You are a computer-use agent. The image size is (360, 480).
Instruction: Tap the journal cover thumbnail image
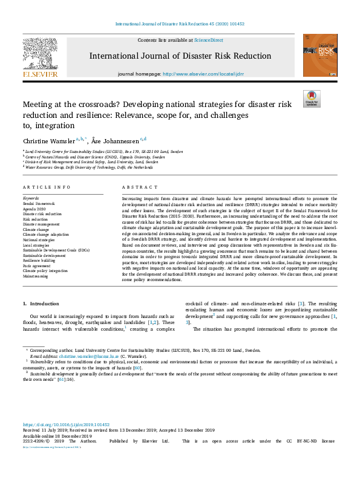320,55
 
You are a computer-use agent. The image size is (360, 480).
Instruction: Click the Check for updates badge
311,99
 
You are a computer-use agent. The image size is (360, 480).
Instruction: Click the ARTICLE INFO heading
47,187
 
